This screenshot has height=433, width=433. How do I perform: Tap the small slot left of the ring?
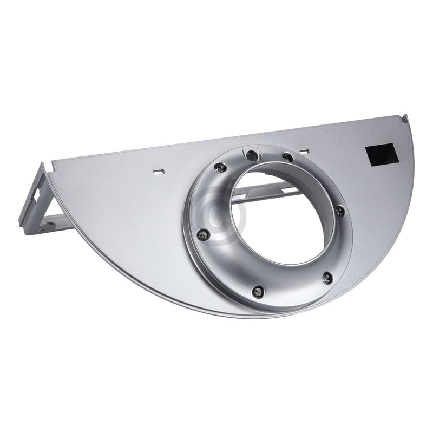(x=158, y=173)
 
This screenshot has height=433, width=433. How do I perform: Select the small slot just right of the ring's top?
(x=305, y=153)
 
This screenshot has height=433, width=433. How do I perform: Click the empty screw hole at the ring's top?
(x=250, y=156)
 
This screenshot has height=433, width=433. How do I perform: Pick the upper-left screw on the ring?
(x=219, y=167)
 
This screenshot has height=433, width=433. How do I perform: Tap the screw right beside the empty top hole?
(x=288, y=158)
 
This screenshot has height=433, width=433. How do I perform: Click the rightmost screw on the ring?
(x=340, y=211)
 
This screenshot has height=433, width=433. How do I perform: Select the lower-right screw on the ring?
(x=327, y=278)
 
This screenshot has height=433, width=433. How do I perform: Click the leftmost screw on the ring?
(x=203, y=234)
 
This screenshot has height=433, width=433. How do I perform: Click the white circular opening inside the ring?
(x=281, y=227)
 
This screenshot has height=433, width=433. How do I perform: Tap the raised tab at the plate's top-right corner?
(x=404, y=117)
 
